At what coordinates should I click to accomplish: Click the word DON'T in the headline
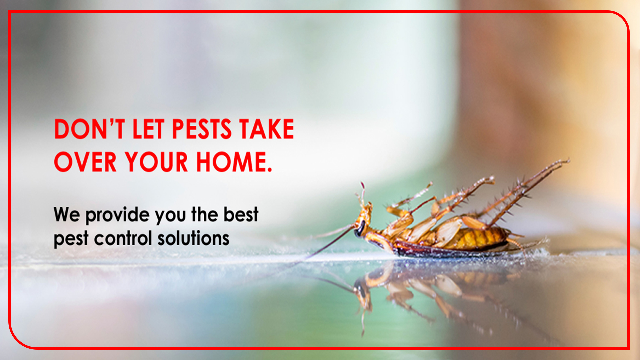click(x=89, y=129)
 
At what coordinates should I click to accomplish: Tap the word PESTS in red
click(x=202, y=129)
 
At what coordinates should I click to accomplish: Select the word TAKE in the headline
click(x=266, y=129)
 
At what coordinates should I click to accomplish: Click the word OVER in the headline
click(x=85, y=162)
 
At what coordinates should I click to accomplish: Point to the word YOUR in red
click(x=156, y=162)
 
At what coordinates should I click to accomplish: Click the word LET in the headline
click(x=148, y=129)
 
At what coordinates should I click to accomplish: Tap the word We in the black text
click(x=67, y=215)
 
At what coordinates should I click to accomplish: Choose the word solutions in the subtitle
click(x=193, y=239)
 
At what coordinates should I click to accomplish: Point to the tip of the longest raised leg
click(x=568, y=161)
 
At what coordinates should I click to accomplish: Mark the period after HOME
click(x=269, y=169)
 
